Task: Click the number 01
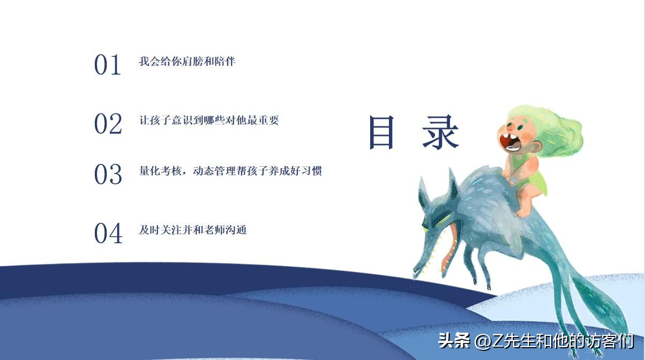click(x=108, y=65)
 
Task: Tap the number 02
click(x=108, y=124)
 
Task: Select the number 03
click(x=108, y=175)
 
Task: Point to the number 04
click(x=108, y=234)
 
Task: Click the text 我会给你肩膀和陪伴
click(x=187, y=61)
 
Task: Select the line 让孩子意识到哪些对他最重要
click(x=209, y=120)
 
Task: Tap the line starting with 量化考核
click(x=230, y=171)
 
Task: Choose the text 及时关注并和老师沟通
click(x=193, y=230)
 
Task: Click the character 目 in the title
click(x=382, y=132)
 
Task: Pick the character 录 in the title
click(x=440, y=132)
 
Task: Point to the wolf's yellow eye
click(x=435, y=222)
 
